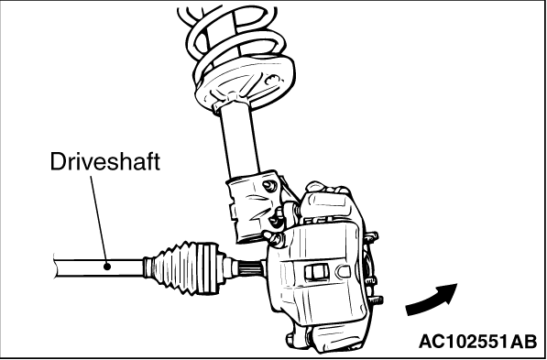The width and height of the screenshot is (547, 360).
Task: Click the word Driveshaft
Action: pos(105,161)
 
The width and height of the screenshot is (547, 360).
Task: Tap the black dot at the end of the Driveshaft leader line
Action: pos(107,267)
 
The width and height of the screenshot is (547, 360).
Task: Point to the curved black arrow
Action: pos(432,300)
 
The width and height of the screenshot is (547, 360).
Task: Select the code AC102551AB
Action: pos(477,341)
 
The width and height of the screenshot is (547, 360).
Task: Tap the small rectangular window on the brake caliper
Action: pos(316,272)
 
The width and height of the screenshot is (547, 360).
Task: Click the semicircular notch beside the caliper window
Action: pos(344,271)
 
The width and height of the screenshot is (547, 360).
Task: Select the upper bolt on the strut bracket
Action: pos(269,186)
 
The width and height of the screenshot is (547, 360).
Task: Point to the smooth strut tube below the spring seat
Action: pos(239,139)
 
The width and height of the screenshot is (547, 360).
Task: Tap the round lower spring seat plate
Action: pos(245,82)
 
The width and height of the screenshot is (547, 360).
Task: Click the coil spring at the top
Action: pos(232,31)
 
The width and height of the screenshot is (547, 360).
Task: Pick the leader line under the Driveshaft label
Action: pos(99,220)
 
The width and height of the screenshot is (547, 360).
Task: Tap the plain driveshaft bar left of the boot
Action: pos(99,268)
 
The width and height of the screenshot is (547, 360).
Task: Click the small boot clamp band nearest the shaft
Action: pos(148,267)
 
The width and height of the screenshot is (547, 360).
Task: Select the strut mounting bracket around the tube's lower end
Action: pos(252,206)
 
